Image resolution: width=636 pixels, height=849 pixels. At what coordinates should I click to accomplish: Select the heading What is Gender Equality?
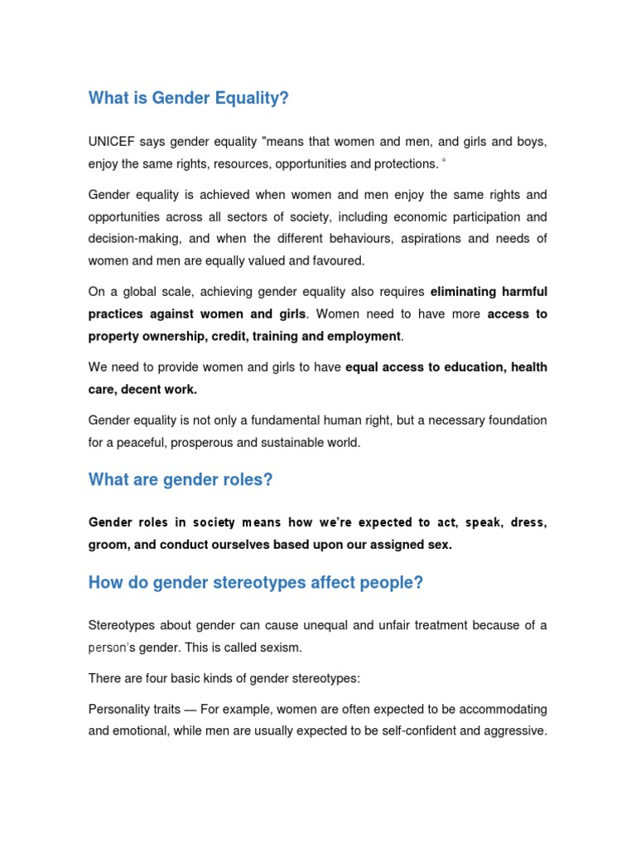tap(189, 99)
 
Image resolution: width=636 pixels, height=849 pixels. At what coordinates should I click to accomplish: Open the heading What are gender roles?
tap(181, 480)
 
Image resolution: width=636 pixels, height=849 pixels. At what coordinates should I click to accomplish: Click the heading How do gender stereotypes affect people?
tap(256, 583)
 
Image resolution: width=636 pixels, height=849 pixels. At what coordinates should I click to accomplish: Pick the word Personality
tap(120, 710)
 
